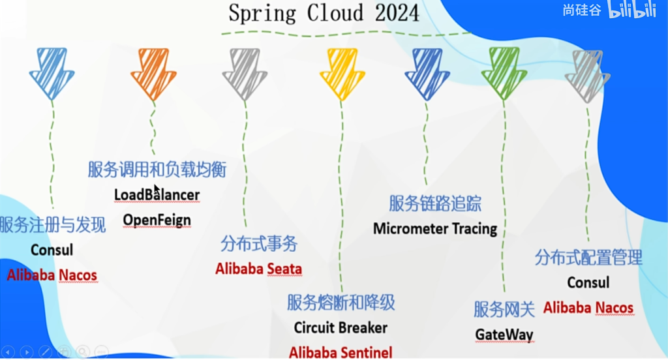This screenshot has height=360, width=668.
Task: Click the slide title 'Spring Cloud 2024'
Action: (324, 13)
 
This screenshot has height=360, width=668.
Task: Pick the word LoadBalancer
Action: (157, 195)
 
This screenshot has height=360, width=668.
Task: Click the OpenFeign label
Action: (157, 220)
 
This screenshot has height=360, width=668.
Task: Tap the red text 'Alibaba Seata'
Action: (258, 269)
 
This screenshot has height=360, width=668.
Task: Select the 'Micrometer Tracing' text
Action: (435, 229)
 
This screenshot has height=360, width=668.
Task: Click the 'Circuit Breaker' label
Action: (341, 327)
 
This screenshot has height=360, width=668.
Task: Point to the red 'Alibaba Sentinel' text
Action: (341, 352)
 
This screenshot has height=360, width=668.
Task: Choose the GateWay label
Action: (504, 335)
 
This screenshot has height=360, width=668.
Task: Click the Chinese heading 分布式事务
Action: (258, 244)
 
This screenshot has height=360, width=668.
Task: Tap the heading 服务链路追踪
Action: (435, 203)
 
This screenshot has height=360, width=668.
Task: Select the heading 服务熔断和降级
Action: (341, 303)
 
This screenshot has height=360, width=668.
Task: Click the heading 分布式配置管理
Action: (588, 258)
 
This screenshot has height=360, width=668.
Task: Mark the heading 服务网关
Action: (504, 309)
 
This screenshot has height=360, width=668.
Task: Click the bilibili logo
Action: (632, 9)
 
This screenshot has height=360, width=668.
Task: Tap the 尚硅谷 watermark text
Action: (581, 10)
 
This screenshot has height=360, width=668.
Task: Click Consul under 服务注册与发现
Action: (52, 250)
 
